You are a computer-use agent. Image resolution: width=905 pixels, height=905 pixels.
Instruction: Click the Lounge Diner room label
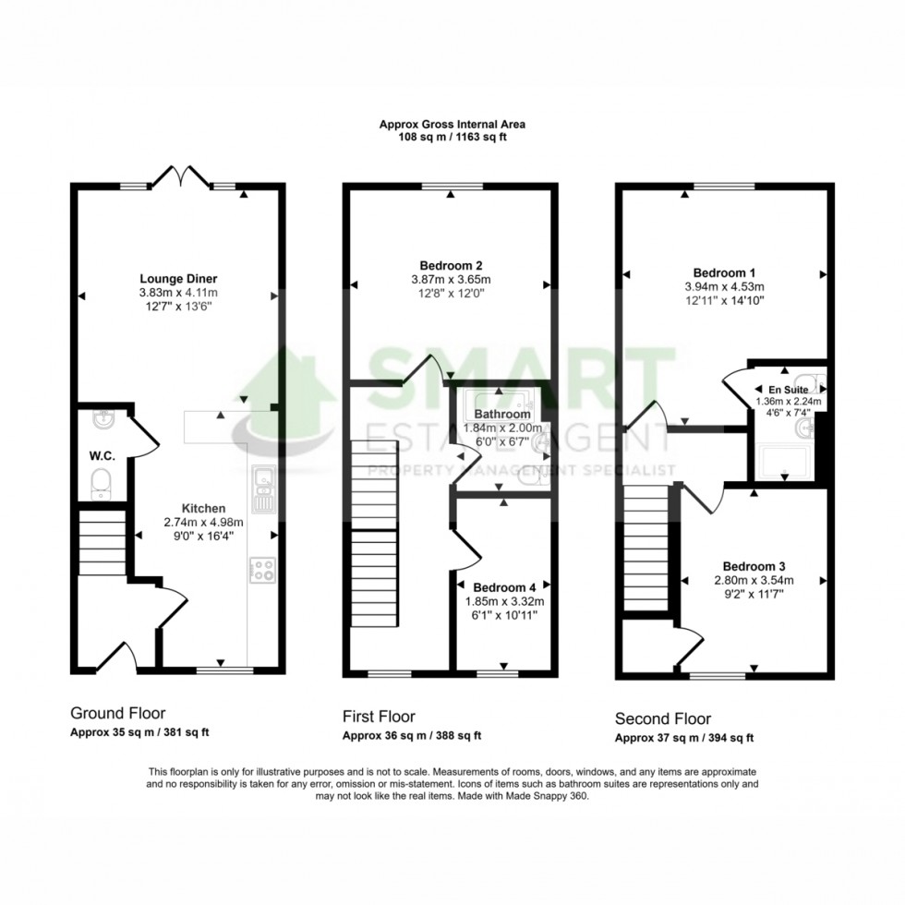(x=178, y=278)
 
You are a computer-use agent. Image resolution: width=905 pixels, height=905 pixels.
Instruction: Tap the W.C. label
(x=101, y=454)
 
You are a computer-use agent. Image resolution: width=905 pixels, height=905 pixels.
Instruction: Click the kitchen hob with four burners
(x=260, y=571)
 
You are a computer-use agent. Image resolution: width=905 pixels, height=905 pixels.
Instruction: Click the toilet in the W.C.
(x=101, y=481)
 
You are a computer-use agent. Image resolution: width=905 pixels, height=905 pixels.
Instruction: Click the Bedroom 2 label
(x=451, y=266)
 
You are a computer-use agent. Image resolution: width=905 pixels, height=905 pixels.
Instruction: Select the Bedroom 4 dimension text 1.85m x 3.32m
(x=505, y=601)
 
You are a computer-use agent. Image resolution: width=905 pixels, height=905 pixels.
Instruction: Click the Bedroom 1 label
(x=725, y=272)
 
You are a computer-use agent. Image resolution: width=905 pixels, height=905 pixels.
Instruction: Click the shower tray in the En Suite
(x=786, y=461)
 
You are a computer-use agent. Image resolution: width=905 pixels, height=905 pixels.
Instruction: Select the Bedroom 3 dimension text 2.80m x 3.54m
(x=754, y=581)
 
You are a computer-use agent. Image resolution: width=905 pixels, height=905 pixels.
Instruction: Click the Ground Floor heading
(x=117, y=714)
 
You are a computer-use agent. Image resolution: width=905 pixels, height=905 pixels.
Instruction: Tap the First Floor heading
(x=379, y=717)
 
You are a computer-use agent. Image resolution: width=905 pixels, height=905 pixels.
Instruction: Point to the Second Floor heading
(x=663, y=718)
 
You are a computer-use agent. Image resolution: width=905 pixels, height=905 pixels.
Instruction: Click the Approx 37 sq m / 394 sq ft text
(x=684, y=738)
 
